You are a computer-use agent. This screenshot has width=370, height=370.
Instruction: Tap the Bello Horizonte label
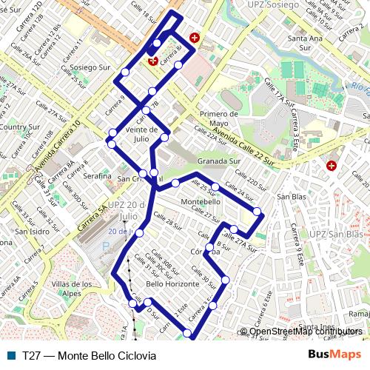pos(172,284)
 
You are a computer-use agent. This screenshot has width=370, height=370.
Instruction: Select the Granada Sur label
pos(219,161)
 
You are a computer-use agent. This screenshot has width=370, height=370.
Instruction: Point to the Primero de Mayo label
pos(218,118)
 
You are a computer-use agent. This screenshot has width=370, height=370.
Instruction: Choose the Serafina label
pos(97,176)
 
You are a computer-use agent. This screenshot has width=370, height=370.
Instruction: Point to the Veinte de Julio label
pos(142,133)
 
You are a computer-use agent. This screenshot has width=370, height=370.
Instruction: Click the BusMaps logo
pos(334,355)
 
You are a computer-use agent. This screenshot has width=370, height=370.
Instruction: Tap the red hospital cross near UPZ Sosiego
pos(195,37)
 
